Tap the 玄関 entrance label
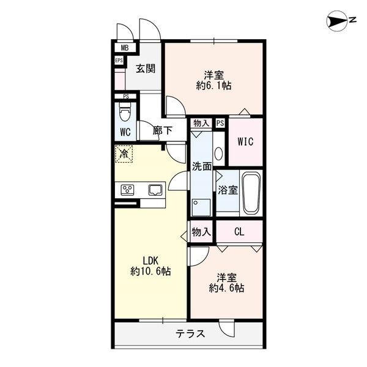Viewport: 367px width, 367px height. coord(145,68)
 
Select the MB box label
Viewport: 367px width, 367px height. coord(124,48)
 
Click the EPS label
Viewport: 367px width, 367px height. coord(119,60)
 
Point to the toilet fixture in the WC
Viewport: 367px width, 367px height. coord(125,113)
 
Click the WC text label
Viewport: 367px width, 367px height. coord(125,132)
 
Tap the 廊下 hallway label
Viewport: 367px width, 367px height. coord(162,130)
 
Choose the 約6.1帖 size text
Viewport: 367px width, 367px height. coord(213,86)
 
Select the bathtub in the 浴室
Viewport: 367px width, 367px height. coord(251,193)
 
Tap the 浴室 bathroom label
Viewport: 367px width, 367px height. coord(228,190)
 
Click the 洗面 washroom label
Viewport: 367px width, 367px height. coord(202,166)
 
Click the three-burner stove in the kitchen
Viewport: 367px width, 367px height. coord(128,190)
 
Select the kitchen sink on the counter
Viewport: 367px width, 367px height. coord(154,190)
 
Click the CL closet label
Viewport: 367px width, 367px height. coord(240,232)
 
